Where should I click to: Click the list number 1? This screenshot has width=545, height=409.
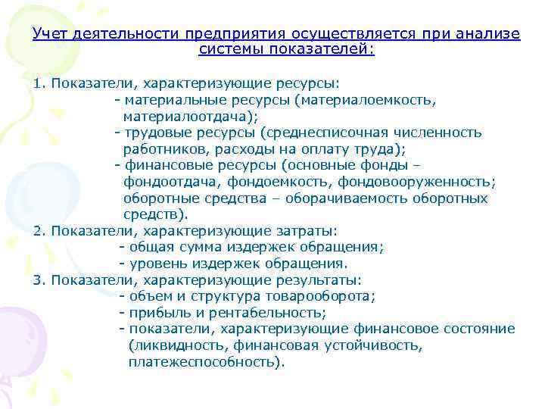coord(37,82)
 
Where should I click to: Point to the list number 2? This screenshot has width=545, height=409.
coord(38,231)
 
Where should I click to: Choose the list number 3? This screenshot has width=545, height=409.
coord(38,279)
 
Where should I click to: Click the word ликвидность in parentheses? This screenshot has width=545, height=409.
coord(168,345)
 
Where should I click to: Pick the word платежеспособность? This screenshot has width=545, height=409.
coord(205,362)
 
